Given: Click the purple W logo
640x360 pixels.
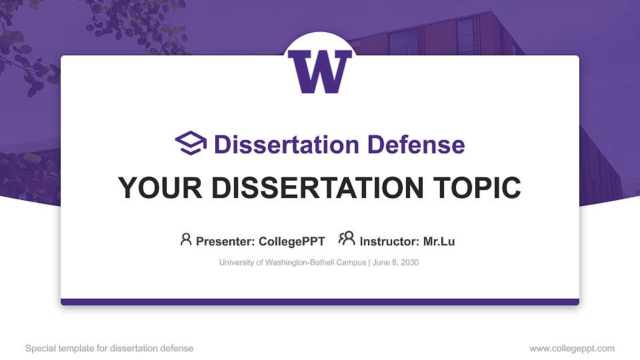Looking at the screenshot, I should [320, 72].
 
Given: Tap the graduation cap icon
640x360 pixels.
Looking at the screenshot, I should [191, 143].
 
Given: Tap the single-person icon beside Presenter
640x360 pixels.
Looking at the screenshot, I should [186, 239].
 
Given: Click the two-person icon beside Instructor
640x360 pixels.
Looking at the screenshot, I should [347, 239].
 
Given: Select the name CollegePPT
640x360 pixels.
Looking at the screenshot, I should [292, 241].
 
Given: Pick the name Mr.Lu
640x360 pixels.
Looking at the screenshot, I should [439, 241].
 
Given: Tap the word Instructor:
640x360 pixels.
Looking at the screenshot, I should [389, 241].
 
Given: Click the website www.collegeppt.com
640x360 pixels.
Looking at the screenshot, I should [571, 348].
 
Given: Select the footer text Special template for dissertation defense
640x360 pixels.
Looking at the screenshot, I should [109, 348].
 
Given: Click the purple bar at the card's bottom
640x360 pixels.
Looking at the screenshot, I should [320, 302].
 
